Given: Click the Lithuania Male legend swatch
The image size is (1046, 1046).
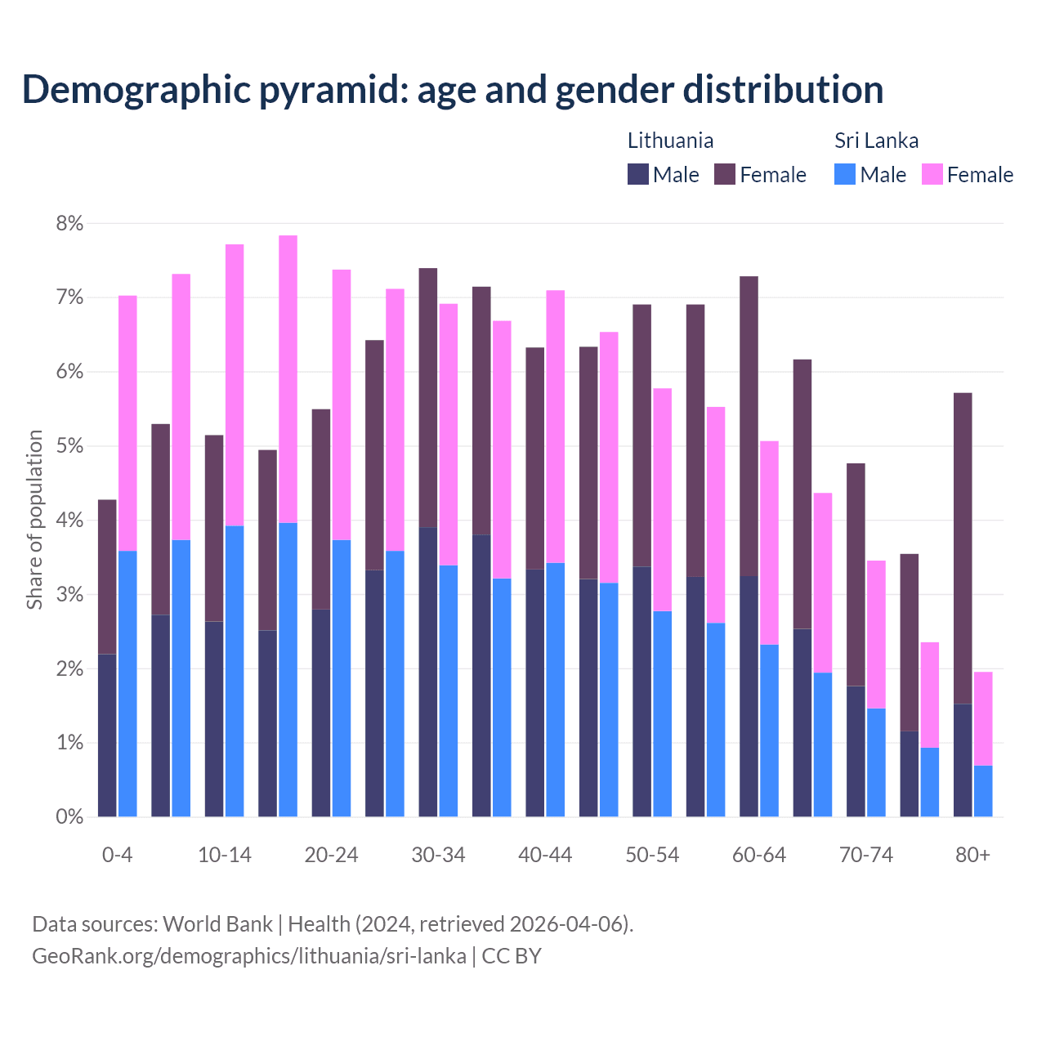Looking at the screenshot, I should tap(638, 174).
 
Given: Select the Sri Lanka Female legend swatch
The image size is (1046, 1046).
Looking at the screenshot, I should tap(932, 174).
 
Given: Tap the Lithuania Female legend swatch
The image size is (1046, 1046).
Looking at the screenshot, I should tap(725, 174).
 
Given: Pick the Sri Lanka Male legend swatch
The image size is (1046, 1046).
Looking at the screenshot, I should tap(845, 174).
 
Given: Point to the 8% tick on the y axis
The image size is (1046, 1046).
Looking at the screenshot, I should tap(69, 223).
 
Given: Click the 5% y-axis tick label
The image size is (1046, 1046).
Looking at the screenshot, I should tap(69, 446).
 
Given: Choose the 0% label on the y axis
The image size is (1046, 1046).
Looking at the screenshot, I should tap(69, 817).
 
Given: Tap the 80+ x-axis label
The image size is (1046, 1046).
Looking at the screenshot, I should tap(972, 856).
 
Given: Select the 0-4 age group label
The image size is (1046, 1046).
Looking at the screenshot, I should tap(117, 856).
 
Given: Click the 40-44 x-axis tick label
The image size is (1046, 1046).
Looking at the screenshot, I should tap(545, 856).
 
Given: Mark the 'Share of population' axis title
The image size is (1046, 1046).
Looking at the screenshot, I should tap(34, 520).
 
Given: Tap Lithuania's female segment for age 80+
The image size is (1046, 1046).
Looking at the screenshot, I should tap(963, 548).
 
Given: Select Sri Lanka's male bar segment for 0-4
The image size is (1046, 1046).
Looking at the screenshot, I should tap(127, 683).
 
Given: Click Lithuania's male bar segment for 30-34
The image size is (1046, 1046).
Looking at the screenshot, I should tap(427, 672).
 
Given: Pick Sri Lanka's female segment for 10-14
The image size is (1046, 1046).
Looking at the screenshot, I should tap(235, 384).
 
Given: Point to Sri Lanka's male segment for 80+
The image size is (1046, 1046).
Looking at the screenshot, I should tap(983, 790).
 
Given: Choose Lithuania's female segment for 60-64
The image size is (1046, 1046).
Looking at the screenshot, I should tap(749, 426).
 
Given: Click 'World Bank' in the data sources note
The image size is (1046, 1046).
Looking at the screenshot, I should tap(217, 924).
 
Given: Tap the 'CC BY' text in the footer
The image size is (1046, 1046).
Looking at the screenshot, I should tap(512, 956).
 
